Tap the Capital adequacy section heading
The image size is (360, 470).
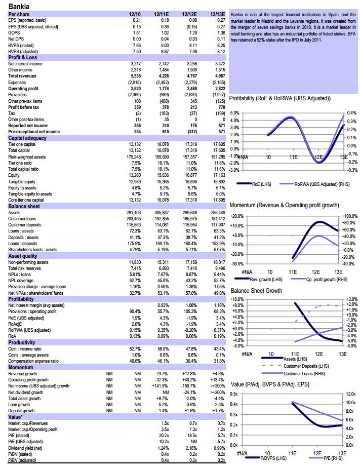pyautogui.click(x=27, y=138)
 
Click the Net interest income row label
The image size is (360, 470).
pyautogui.click(x=25, y=64)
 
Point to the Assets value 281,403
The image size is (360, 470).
pyautogui.click(x=133, y=212)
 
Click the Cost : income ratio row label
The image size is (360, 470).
pyautogui.click(x=25, y=349)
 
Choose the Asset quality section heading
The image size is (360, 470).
pyautogui.click(x=23, y=256)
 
